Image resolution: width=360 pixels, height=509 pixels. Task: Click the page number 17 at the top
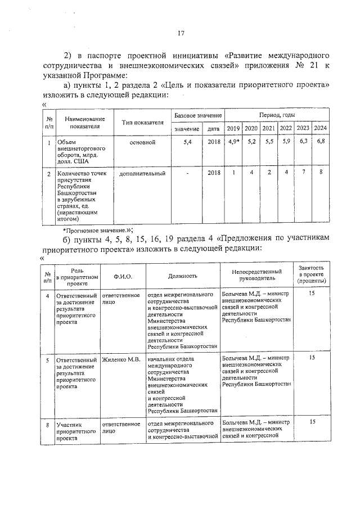click(x=181, y=33)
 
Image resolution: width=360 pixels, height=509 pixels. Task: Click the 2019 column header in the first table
click(x=233, y=129)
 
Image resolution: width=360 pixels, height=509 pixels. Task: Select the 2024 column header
click(x=321, y=129)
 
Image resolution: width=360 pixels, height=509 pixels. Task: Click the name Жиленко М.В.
click(x=117, y=358)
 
